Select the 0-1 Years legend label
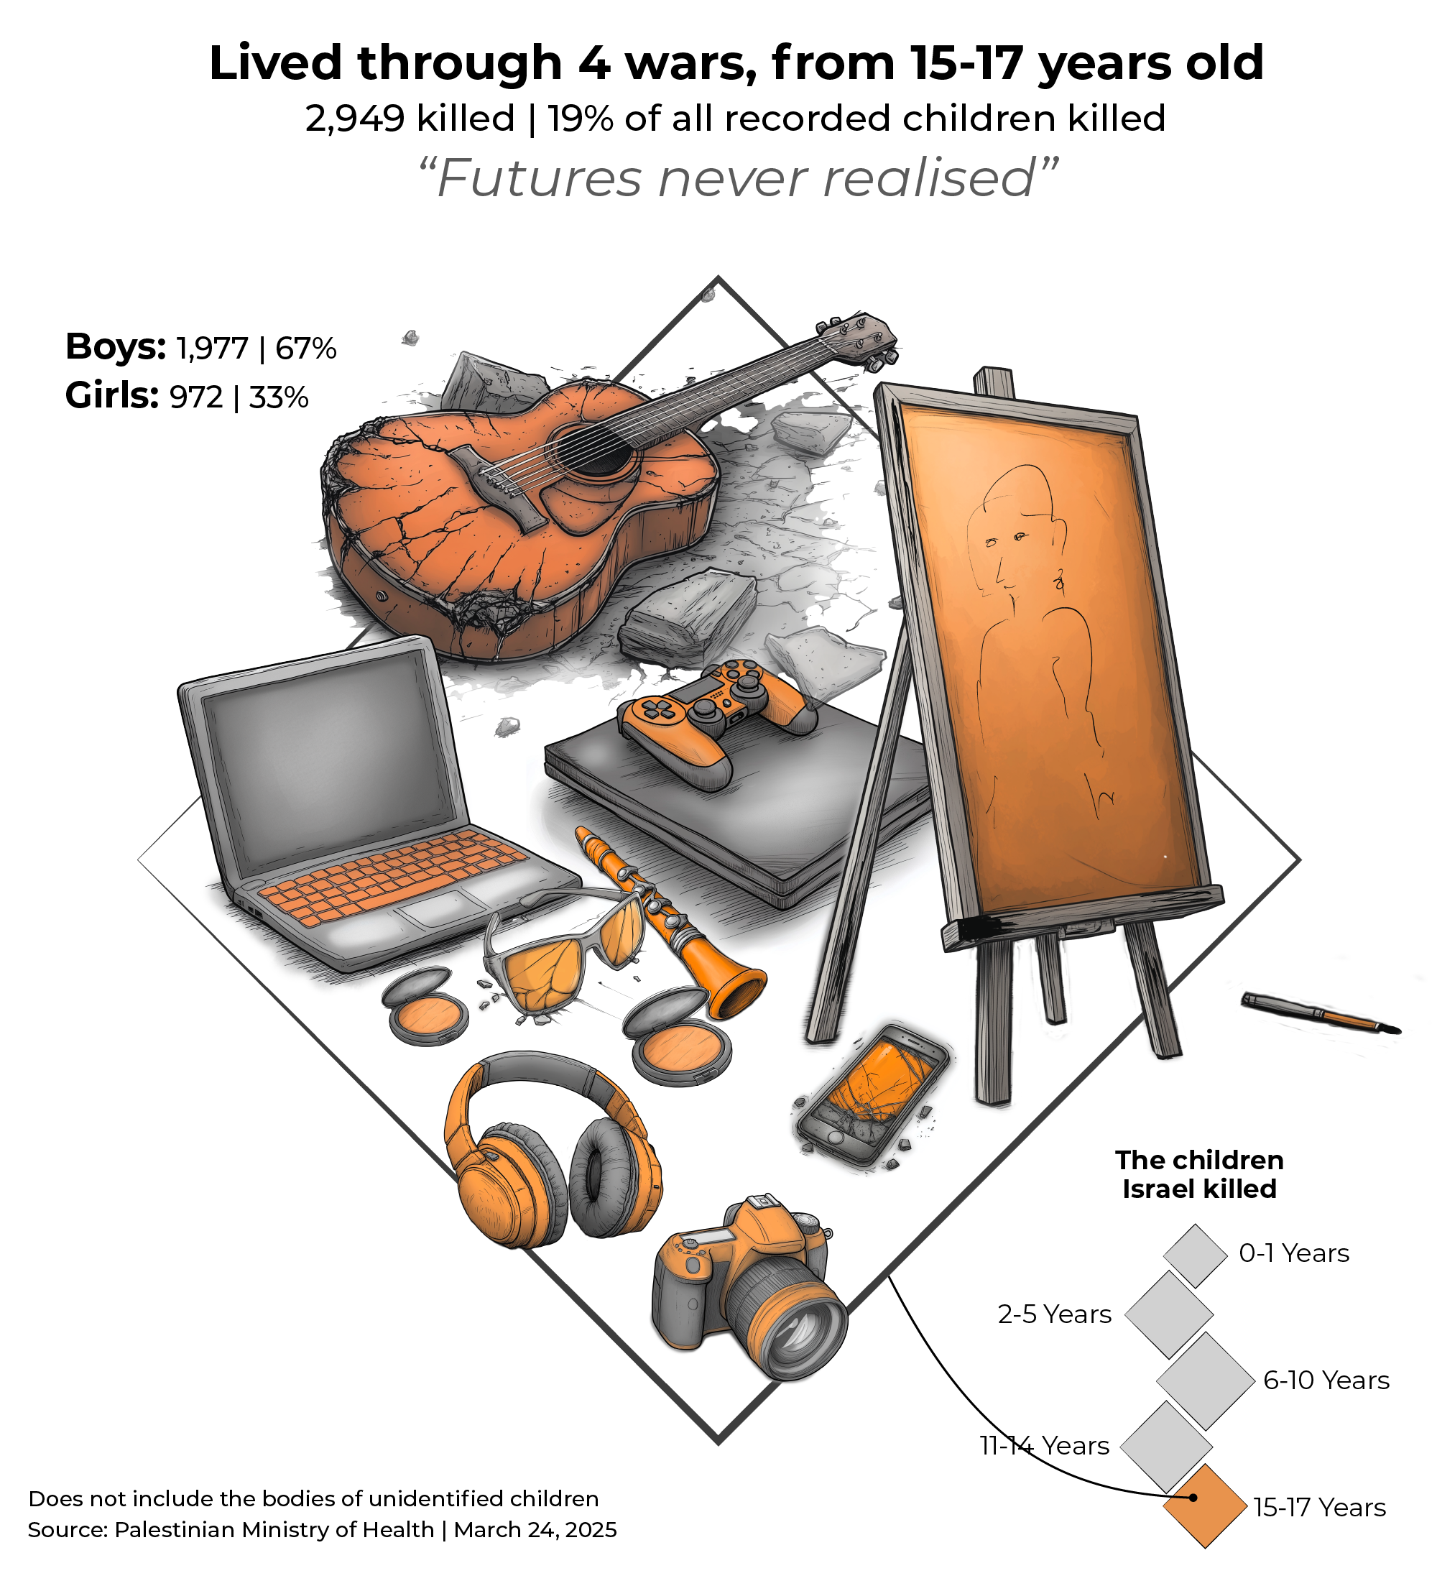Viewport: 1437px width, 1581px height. [x=1293, y=1253]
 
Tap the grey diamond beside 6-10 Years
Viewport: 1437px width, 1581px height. [x=1206, y=1381]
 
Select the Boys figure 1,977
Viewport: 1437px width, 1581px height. [x=212, y=349]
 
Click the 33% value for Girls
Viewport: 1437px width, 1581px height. [x=279, y=397]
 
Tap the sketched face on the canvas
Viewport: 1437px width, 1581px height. [x=1012, y=541]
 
